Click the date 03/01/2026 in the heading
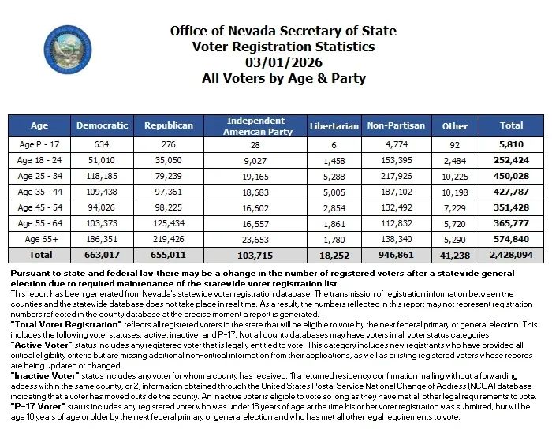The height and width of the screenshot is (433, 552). tap(283, 62)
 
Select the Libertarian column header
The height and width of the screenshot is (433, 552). tap(334, 125)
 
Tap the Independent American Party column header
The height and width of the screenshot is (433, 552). tap(255, 125)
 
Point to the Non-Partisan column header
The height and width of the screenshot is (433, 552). tap(396, 125)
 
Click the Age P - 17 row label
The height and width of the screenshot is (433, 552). tap(39, 144)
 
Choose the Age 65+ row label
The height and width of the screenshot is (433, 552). tap(39, 239)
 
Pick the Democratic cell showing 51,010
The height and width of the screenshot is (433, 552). tap(103, 160)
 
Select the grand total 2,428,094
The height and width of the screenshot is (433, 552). tap(511, 256)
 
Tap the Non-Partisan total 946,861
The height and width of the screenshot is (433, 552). tap(396, 256)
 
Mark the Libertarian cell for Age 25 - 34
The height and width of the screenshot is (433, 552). tap(334, 176)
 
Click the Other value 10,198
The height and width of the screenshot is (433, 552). tap(455, 192)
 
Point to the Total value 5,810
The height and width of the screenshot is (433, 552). tap(511, 144)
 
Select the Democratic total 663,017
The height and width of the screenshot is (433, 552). tap(103, 256)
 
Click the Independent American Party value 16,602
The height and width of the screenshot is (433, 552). tap(255, 207)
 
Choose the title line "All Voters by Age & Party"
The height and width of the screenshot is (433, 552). tap(283, 78)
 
